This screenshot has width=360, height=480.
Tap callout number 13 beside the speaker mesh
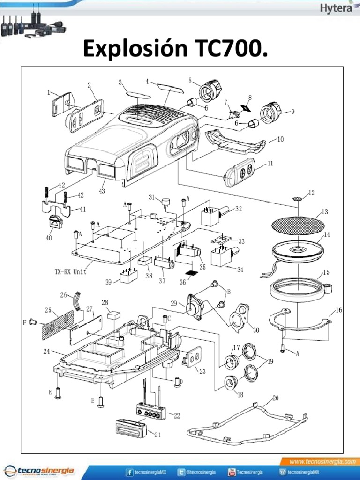[324, 211]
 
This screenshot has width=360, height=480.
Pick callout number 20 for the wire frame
[275, 398]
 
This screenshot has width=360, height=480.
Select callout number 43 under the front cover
[101, 191]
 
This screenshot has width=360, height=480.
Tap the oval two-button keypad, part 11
[240, 172]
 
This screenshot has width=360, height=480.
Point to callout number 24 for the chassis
[46, 351]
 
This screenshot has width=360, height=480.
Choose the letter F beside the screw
[24, 322]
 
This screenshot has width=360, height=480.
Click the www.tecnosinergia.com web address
[322, 462]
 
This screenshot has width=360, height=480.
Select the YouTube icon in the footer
[232, 472]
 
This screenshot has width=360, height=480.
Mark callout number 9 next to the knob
[292, 112]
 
